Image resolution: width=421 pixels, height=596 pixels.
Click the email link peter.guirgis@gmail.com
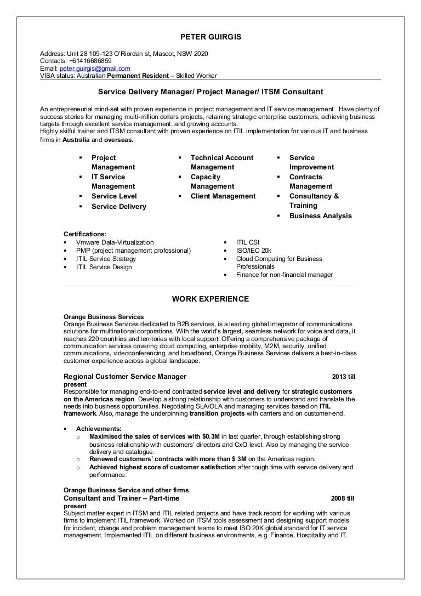click(x=95, y=69)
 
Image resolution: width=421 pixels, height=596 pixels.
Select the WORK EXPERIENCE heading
click(x=210, y=299)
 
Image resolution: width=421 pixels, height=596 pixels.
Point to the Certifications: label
click(x=85, y=234)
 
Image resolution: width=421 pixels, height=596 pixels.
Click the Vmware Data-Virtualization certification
click(x=115, y=242)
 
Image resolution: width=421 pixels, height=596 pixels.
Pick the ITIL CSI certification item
click(x=248, y=242)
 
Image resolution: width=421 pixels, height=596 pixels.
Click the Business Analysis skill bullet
click(x=321, y=216)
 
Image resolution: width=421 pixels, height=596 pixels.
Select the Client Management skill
click(x=223, y=196)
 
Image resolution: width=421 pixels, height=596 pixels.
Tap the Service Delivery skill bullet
click(x=119, y=207)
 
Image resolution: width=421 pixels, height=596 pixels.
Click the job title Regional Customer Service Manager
click(x=125, y=377)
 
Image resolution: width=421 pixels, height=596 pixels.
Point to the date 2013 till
click(x=343, y=377)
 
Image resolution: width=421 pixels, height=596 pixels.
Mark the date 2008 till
click(x=343, y=499)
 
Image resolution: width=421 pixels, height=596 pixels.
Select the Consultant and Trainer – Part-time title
click(x=121, y=498)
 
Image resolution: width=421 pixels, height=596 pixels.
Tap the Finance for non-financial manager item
click(x=284, y=275)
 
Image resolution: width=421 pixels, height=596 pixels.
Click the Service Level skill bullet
click(x=114, y=196)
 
